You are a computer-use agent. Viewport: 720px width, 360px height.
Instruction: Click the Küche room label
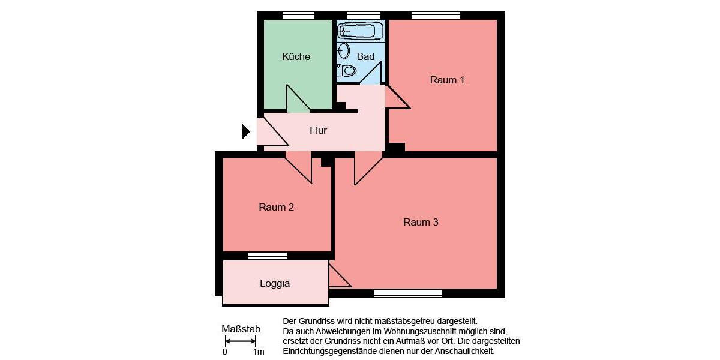tap(296, 56)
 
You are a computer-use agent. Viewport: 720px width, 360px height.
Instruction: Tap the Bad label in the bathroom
tap(365, 56)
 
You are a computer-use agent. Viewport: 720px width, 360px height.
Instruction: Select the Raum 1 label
tap(447, 80)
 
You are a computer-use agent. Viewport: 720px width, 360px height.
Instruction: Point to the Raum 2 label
tap(276, 207)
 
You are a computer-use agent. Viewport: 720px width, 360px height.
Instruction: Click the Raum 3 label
tap(421, 222)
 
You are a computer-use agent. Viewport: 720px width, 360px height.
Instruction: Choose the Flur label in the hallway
tap(318, 130)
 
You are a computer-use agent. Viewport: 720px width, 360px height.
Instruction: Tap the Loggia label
tap(275, 283)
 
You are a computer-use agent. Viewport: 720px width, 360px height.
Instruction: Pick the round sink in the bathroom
tap(344, 50)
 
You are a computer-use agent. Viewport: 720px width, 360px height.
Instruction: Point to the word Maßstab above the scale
tap(241, 329)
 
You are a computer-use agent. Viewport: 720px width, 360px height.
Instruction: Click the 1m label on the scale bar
tap(259, 352)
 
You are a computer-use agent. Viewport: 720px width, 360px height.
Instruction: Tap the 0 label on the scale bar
tap(225, 352)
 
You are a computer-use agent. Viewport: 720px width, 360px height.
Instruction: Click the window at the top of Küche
tap(298, 16)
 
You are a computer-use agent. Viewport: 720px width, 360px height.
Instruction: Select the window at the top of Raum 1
tap(436, 16)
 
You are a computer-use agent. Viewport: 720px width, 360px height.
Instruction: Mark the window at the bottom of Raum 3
tap(407, 293)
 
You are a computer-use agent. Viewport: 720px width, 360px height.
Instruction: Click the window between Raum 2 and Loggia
tap(267, 256)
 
